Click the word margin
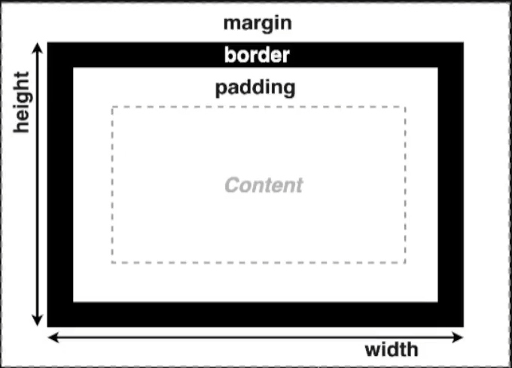point(258,24)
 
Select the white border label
point(257,54)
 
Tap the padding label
point(255,88)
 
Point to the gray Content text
point(264,185)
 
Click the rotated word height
point(22,102)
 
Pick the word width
point(392,349)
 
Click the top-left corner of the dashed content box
point(112,107)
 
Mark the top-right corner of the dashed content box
point(405,107)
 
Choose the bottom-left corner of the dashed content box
point(112,263)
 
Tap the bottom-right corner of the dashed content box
point(405,263)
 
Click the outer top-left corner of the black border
point(47,42)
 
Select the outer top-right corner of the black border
point(463,42)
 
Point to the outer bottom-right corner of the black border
point(463,327)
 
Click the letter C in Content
point(233,185)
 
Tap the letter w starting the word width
point(373,351)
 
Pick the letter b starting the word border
point(230,55)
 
